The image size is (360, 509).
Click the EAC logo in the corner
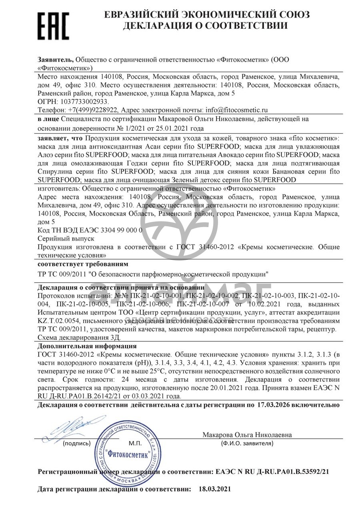pyautogui.click(x=54, y=25)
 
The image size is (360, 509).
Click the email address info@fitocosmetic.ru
pyautogui.click(x=236, y=110)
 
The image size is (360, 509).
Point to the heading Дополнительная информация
pyautogui.click(x=87, y=346)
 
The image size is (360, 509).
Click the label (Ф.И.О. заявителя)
pyautogui.click(x=247, y=443)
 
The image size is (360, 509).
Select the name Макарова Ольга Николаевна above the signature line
pyautogui.click(x=247, y=435)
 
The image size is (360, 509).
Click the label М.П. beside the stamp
pyautogui.click(x=134, y=443)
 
